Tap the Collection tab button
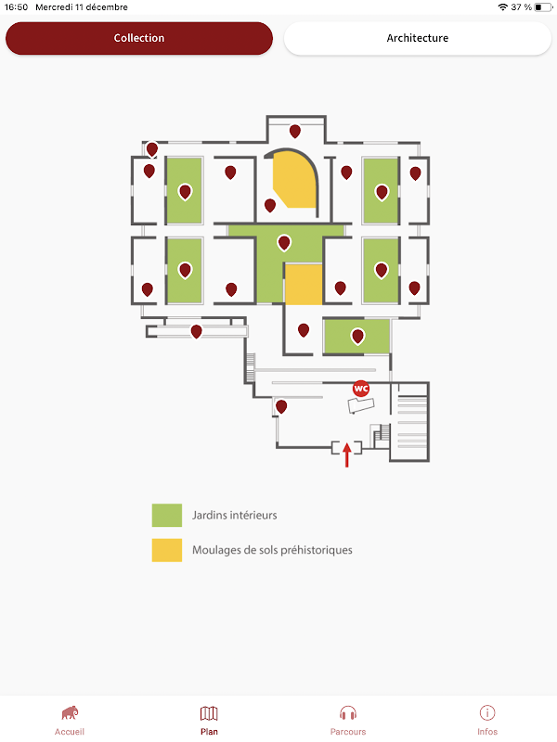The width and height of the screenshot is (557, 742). (139, 38)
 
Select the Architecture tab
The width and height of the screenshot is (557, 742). (417, 38)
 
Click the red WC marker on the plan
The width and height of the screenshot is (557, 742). (361, 389)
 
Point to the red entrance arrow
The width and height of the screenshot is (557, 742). (347, 454)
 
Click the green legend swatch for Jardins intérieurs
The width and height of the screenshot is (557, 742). (167, 515)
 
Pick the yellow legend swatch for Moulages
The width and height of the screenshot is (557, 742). (167, 549)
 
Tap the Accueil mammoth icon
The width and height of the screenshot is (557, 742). (70, 712)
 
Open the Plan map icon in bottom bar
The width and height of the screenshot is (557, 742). (209, 712)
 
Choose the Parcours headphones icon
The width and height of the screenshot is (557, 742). (348, 712)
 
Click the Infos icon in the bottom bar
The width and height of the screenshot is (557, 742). (487, 712)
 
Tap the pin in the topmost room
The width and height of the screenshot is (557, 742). (295, 131)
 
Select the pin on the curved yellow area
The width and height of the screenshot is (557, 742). (270, 205)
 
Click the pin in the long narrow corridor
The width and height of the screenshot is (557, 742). (196, 331)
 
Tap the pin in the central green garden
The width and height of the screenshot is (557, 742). (284, 243)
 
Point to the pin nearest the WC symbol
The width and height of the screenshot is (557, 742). (281, 406)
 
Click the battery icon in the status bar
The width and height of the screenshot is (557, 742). (542, 6)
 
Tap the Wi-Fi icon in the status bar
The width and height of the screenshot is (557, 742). (503, 6)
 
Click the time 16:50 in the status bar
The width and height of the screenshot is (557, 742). (17, 6)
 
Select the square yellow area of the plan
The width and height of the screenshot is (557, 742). (303, 285)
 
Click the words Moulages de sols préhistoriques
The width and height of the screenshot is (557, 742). (272, 550)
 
